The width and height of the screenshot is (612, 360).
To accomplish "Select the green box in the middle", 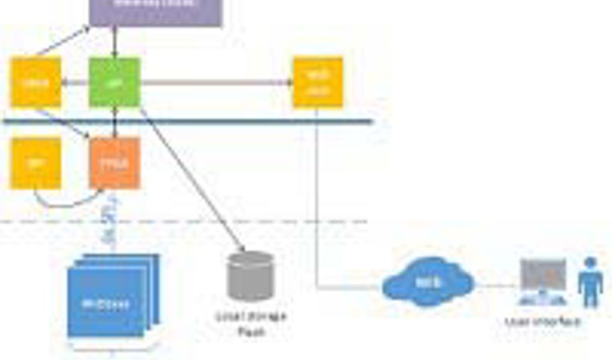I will pyautogui.click(x=114, y=82).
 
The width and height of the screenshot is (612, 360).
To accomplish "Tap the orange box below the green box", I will pyautogui.click(x=114, y=162).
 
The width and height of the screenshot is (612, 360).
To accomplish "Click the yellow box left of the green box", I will pyautogui.click(x=34, y=82).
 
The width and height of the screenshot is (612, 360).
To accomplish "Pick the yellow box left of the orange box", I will pyautogui.click(x=34, y=163).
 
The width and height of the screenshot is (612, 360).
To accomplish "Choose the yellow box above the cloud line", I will pyautogui.click(x=318, y=82).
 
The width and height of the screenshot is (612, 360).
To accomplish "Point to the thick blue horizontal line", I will pyautogui.click(x=240, y=122).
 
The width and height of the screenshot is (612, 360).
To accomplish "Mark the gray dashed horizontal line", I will pyautogui.click(x=240, y=222).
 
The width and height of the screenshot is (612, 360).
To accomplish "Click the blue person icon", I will pyautogui.click(x=591, y=281).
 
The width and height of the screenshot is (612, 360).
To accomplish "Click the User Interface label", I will pyautogui.click(x=542, y=322).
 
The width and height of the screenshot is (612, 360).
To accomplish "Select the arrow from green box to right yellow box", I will pyautogui.click(x=216, y=82).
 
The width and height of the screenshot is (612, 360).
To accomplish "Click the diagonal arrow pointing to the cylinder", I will pyautogui.click(x=192, y=176).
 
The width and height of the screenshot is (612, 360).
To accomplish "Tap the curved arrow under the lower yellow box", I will pyautogui.click(x=64, y=201).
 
